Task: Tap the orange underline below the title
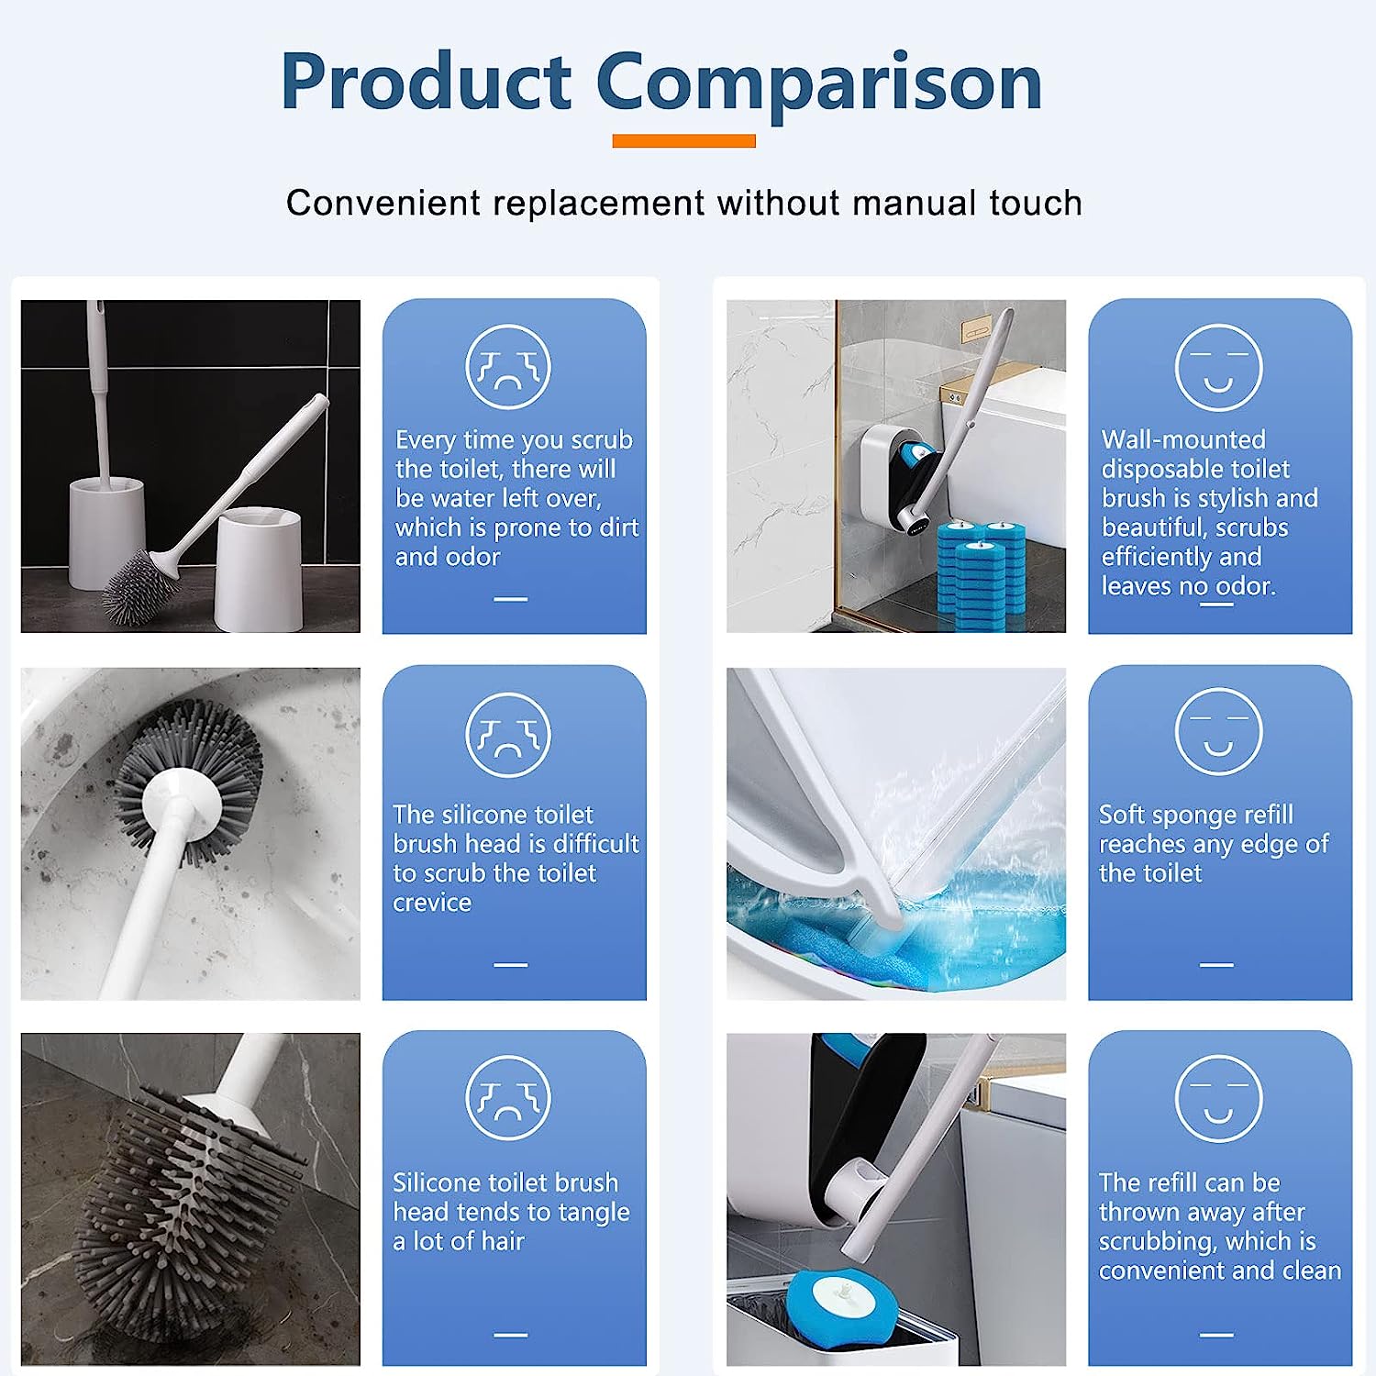click(x=683, y=140)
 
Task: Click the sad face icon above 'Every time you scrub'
click(x=508, y=367)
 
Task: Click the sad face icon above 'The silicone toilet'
click(x=508, y=735)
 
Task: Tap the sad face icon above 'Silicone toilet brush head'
click(x=508, y=1098)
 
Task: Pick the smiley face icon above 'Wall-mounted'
click(x=1218, y=367)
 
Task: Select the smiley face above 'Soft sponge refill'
click(x=1218, y=731)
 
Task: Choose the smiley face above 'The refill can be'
click(x=1218, y=1098)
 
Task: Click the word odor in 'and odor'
click(x=472, y=557)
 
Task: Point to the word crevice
click(x=432, y=903)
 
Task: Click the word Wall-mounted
click(x=1183, y=439)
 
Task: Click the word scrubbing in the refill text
click(x=1150, y=1242)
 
